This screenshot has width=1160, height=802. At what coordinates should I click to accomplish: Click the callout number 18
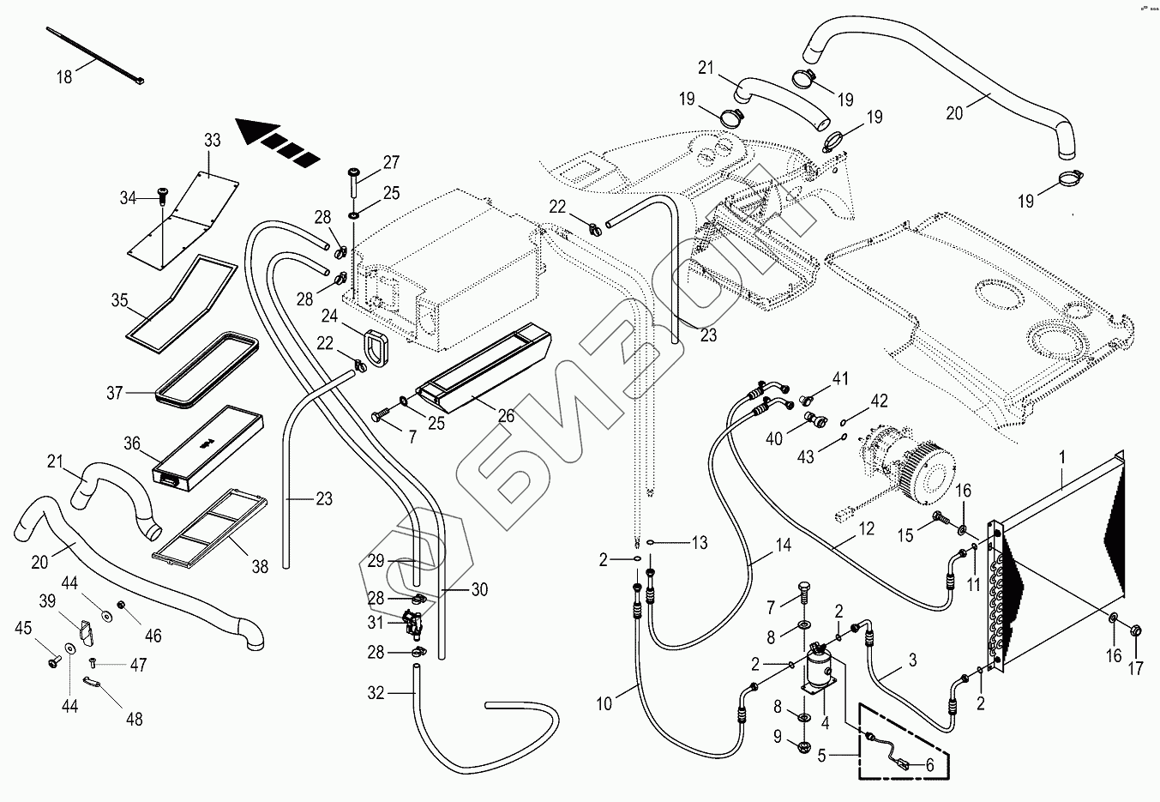(x=65, y=76)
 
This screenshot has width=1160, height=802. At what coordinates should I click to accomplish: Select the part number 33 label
(x=213, y=141)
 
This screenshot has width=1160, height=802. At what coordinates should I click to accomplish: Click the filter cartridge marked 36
(x=208, y=446)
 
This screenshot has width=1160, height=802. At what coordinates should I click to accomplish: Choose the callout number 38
(x=260, y=566)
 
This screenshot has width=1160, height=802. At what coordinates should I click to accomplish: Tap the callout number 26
(x=506, y=415)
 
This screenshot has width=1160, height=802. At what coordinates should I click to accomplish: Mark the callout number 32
(x=376, y=693)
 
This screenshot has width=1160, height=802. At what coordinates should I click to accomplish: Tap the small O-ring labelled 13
(x=652, y=542)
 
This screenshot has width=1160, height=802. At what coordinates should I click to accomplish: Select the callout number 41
(x=840, y=378)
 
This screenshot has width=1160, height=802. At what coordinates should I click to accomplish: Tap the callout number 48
(x=134, y=720)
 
